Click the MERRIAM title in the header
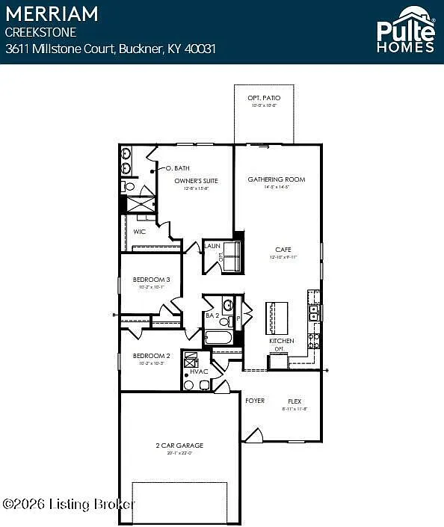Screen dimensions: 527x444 click(x=52, y=13)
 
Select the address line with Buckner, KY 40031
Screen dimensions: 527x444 click(x=111, y=49)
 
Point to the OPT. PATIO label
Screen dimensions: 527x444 click(x=262, y=99)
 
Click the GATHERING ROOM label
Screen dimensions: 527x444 click(x=277, y=179)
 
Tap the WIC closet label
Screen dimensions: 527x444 click(x=139, y=232)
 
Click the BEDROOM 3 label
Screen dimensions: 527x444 click(x=151, y=280)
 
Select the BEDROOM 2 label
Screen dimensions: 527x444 click(x=151, y=355)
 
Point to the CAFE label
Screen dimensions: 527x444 click(x=283, y=250)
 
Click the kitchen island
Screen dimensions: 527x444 click(x=277, y=318)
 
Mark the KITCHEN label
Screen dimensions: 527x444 click(x=281, y=341)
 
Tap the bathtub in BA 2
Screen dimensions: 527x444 click(x=219, y=337)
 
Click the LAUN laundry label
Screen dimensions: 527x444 click(x=211, y=245)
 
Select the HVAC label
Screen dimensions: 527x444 click(x=198, y=372)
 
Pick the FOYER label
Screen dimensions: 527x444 click(x=255, y=401)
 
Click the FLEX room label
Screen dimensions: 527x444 click(x=295, y=401)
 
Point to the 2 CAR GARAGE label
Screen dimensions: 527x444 click(x=179, y=445)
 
